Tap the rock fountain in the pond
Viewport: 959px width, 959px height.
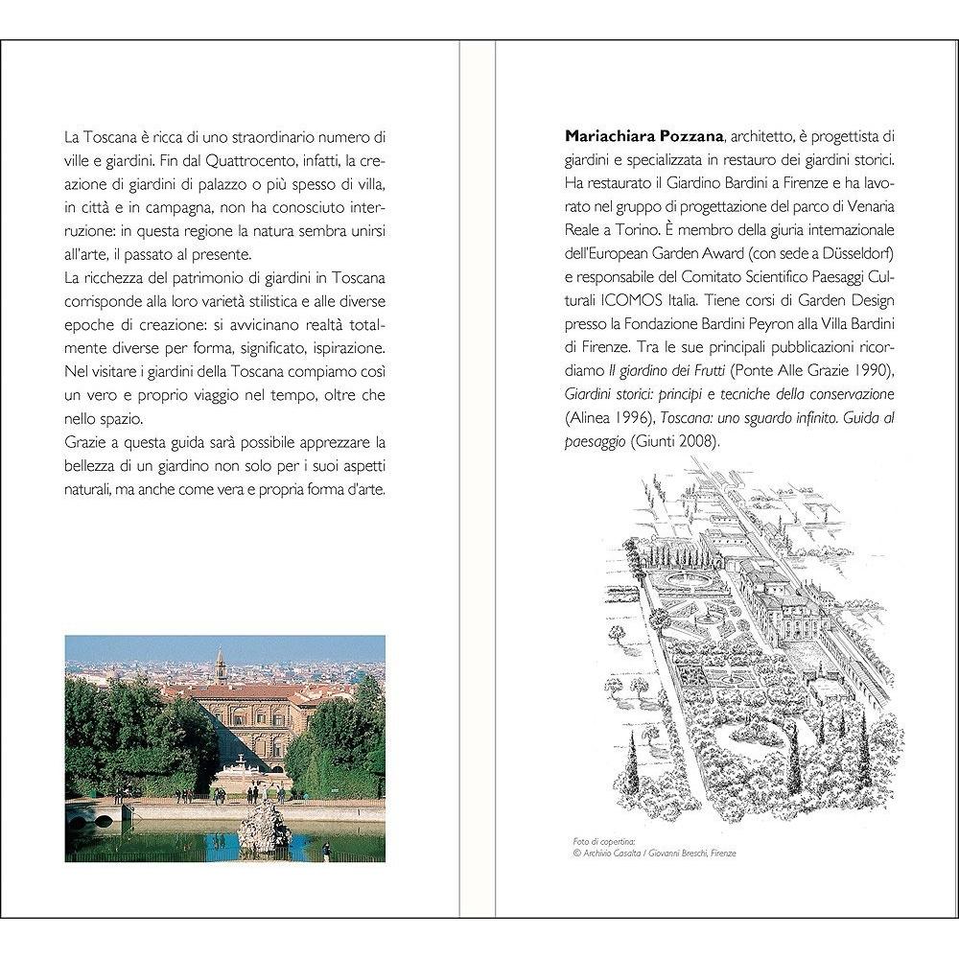[264, 827]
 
